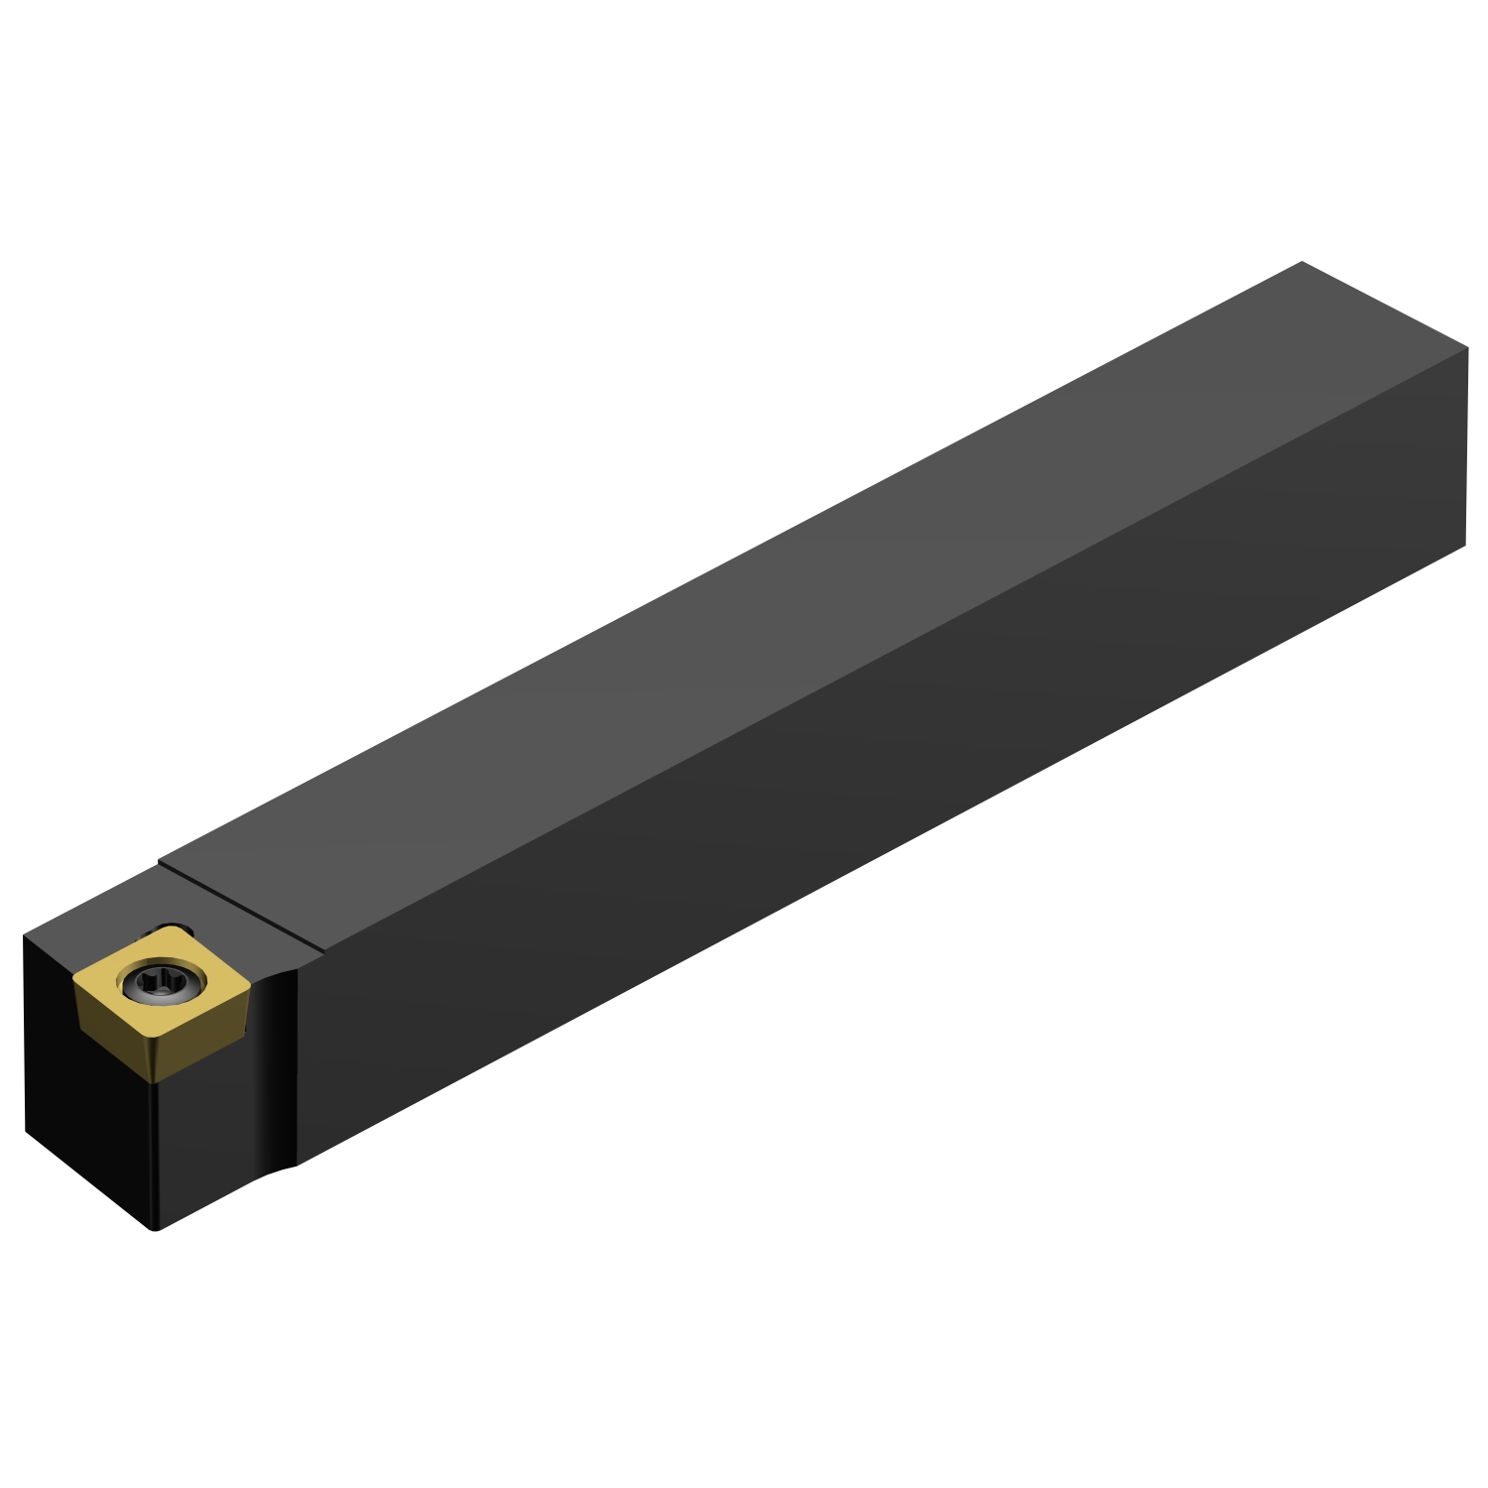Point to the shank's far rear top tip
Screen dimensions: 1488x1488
coord(1301,263)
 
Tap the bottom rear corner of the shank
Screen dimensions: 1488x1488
coord(1465,545)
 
